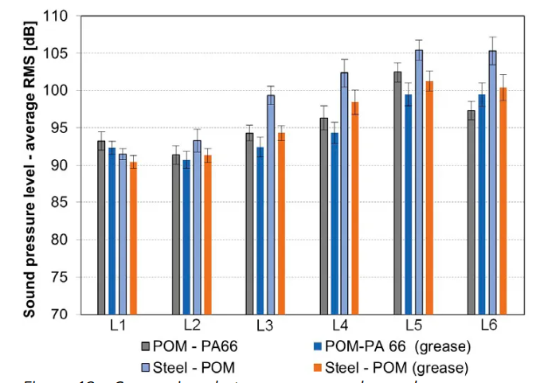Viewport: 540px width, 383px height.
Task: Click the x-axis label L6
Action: click(x=487, y=327)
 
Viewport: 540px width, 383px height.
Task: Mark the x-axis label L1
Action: click(x=117, y=327)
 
